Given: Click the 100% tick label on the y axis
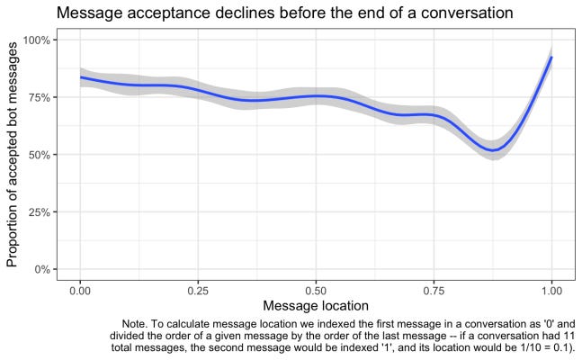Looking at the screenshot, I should tap(39, 40).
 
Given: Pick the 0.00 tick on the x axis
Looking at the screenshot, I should tap(80, 291).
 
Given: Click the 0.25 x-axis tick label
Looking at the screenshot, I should tap(198, 291).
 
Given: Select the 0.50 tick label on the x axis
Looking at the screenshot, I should tap(316, 291).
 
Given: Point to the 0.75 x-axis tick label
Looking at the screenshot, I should tap(434, 291).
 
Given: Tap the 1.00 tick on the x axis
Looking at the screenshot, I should tap(551, 291).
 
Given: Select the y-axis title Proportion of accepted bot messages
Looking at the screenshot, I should tap(13, 156).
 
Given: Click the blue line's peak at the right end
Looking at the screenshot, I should tap(551, 58).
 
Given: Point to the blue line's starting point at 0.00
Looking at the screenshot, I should tap(80, 77).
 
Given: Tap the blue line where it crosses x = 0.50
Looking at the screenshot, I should tap(316, 96).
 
